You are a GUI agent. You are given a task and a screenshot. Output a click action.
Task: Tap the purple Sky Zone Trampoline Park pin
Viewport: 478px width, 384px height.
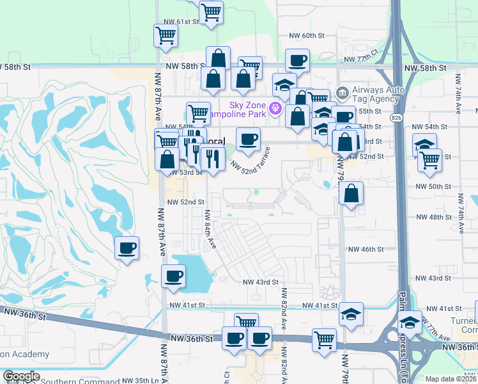tap(276, 108)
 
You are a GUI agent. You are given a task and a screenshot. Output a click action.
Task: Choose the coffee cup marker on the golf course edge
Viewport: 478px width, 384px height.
tap(127, 248)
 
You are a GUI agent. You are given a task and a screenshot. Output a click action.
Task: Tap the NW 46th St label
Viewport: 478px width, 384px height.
tap(366, 249)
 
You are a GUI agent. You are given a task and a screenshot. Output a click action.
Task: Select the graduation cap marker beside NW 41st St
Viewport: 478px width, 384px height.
tap(350, 314)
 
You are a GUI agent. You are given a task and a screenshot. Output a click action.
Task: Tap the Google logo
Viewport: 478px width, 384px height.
tap(20, 376)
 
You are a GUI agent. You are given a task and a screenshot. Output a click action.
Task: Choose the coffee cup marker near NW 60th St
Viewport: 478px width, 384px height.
tap(297, 61)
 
